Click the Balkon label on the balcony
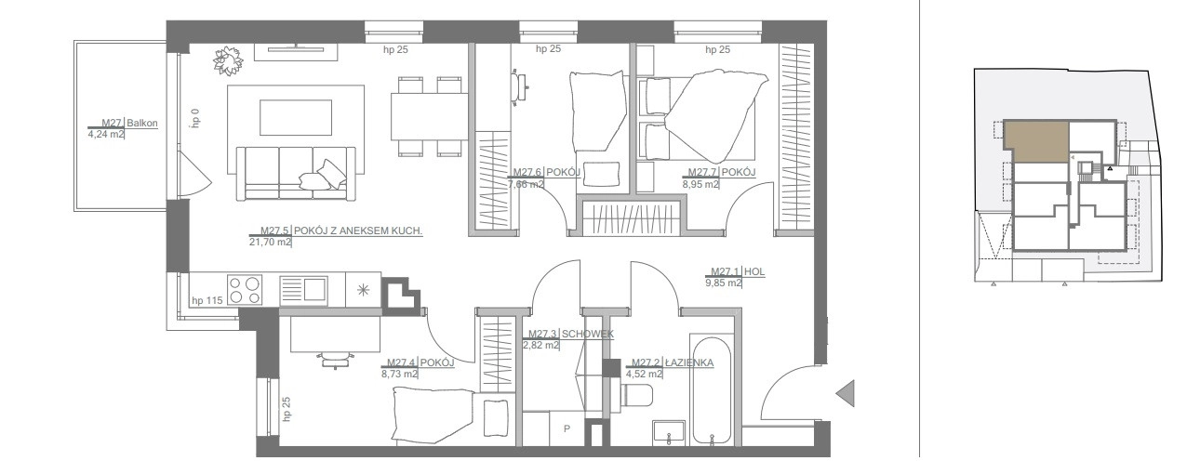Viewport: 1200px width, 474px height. pos(142,123)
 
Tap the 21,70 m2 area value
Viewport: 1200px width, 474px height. pos(270,242)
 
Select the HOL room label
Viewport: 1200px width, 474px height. pos(754,271)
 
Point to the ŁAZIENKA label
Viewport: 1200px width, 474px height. pos(689,362)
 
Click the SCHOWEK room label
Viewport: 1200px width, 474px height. pos(587,334)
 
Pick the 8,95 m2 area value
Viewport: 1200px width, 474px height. pos(700,184)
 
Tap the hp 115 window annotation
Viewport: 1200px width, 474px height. pos(207,300)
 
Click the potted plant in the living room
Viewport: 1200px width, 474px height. pos(228,60)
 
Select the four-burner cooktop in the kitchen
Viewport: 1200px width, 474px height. pos(245,290)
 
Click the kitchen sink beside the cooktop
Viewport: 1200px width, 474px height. pos(303,291)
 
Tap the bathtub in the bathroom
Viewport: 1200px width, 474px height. pos(711,390)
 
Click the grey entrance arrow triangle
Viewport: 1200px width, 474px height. pos(845,394)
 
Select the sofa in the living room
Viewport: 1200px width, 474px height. pos(296,174)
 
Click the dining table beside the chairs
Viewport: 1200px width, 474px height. pos(429,116)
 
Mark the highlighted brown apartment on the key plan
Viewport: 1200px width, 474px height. pos(1036,142)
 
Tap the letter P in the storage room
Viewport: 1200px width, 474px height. pos(567,428)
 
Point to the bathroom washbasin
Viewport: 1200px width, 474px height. pos(669,433)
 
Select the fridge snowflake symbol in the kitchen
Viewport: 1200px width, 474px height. pos(363,290)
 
